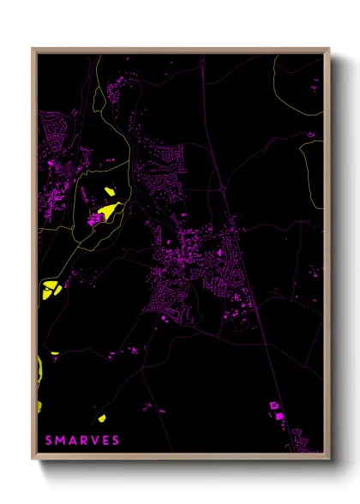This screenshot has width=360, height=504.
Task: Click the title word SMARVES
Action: [82, 441]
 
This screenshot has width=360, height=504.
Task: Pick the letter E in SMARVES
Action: [105, 441]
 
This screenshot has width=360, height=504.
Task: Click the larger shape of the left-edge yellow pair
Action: [50, 289]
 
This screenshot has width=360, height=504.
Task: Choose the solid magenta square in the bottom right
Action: [279, 416]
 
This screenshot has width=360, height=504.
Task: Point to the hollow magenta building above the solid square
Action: [274, 403]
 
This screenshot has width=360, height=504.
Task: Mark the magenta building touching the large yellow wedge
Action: [95, 219]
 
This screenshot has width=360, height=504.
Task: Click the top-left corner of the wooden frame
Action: [33, 50]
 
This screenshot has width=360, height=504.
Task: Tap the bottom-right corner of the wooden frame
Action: [329, 459]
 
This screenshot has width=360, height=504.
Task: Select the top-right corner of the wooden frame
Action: [329, 50]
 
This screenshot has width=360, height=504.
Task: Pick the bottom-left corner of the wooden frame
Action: [33, 459]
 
